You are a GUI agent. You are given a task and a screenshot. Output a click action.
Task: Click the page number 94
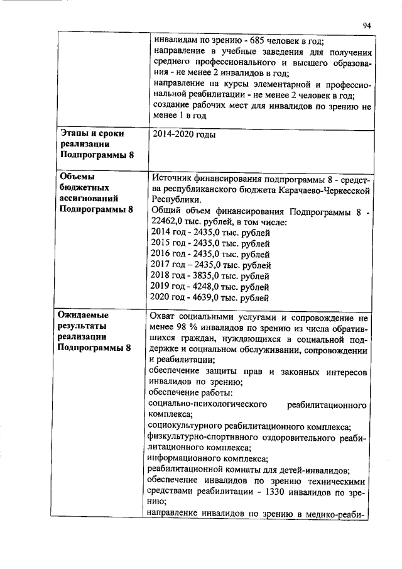pyautogui.click(x=367, y=25)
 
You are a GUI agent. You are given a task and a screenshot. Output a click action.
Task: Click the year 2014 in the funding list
pyautogui.click(x=162, y=233)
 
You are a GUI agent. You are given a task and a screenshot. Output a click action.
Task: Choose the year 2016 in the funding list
pyautogui.click(x=162, y=254)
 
